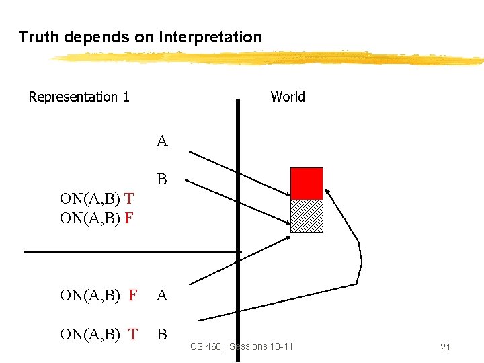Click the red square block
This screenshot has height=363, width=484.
[307, 183]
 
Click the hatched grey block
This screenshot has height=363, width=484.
[307, 216]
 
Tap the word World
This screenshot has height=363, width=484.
[288, 97]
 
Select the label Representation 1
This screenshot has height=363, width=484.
[79, 97]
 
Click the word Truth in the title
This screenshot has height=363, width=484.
[39, 37]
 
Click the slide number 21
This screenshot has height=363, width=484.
[444, 347]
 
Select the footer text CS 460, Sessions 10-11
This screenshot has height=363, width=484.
[241, 346]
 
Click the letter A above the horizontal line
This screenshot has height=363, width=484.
[162, 141]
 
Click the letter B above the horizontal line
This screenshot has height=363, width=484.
[162, 179]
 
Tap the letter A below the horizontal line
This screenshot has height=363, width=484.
[162, 295]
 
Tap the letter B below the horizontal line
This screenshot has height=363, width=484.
[162, 334]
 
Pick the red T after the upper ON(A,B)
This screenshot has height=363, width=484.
[129, 198]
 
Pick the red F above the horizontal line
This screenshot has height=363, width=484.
[129, 218]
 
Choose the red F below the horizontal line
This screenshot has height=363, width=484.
[132, 295]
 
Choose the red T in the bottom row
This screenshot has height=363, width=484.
[132, 334]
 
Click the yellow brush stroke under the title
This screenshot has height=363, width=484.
[269, 59]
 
